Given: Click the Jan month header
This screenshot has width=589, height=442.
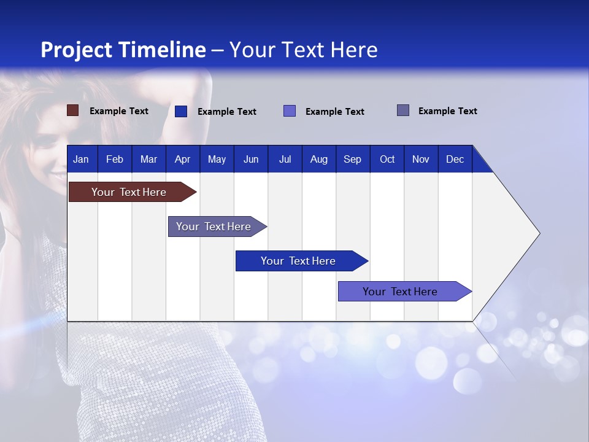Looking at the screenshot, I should click(81, 159).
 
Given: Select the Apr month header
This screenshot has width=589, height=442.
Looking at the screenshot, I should click(182, 159).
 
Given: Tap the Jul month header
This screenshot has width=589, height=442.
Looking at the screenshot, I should click(285, 159).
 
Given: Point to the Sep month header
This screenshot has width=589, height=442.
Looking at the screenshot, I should click(352, 159).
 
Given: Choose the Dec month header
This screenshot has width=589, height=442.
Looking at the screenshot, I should click(455, 159).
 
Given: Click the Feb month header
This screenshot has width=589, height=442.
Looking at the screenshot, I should click(115, 159).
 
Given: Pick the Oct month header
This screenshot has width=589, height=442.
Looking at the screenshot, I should click(387, 159).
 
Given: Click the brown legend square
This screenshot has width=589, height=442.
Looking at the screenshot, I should click(72, 110).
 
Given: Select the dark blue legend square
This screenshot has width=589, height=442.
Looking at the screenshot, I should click(180, 111).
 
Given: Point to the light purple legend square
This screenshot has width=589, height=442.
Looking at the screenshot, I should click(290, 111).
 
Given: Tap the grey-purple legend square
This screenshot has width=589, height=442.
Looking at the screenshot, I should click(403, 110).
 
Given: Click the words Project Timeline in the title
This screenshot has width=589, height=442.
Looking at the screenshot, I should click(123, 50).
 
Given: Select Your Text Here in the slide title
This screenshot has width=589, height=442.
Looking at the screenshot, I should click(304, 50).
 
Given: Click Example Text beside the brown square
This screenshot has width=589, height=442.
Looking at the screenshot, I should click(119, 111).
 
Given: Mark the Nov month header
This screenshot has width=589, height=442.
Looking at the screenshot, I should click(421, 159).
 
